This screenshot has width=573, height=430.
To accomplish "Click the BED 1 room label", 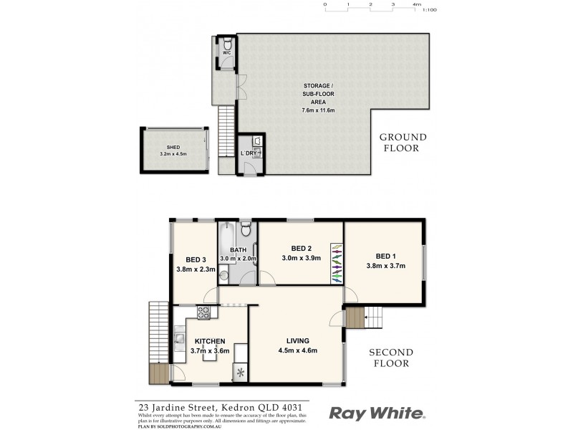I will coord(385,256).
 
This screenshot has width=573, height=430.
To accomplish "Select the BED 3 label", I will coord(196,259).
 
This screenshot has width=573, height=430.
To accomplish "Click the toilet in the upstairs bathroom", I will coord(246,230).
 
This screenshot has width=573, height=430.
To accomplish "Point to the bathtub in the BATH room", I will coord(225,240).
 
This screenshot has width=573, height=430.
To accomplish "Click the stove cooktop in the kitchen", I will coord(203,312).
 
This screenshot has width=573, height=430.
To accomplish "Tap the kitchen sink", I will coord(179,337).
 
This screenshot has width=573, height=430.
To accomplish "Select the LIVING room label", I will coord(297,340).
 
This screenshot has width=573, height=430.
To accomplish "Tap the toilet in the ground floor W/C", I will coord(226,43).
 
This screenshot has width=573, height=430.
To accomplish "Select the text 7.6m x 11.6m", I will coord(319,110).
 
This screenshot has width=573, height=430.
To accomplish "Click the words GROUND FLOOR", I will coord(403,143).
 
